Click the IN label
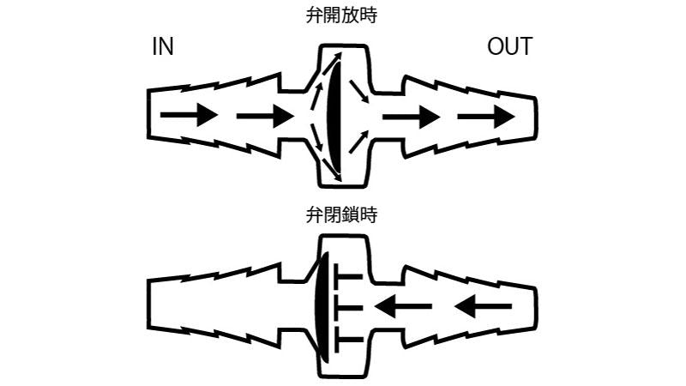163,47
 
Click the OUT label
509,47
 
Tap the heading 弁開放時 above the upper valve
342,15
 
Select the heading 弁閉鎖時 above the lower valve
342,215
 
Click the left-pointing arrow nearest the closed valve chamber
401,306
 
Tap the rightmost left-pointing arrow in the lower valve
484,306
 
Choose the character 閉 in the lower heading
333,215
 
